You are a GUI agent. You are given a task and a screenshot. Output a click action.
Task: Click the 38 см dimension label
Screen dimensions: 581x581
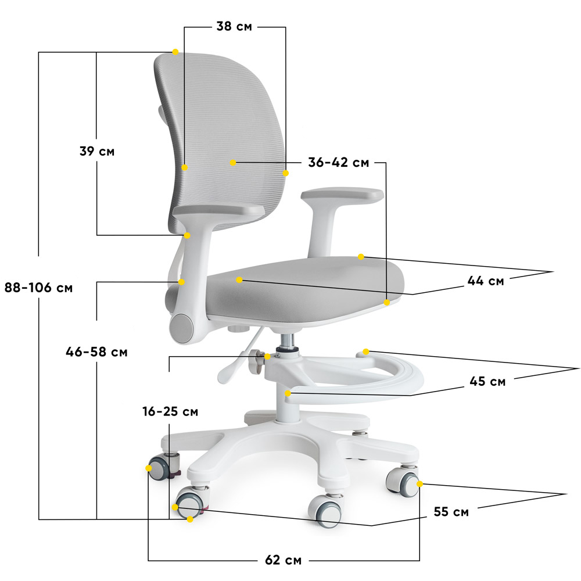point(234,26)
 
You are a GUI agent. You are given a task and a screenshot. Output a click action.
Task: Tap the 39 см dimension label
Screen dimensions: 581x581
point(97,151)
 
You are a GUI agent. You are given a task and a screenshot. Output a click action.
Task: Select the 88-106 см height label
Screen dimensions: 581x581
point(38,287)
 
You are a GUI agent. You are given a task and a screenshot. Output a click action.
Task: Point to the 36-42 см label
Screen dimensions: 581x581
point(339,162)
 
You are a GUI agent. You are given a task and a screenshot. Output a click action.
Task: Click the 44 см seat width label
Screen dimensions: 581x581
point(486,281)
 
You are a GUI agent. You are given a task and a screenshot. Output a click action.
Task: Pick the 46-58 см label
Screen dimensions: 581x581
point(96,352)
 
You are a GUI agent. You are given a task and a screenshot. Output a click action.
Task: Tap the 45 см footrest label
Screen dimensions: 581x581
point(487,381)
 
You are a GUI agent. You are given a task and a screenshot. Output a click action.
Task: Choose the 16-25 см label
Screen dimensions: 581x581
point(170,411)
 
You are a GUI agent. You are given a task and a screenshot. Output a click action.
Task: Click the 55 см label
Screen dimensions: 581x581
point(451,512)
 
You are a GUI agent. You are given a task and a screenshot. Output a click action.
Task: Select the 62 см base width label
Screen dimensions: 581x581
point(284,560)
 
